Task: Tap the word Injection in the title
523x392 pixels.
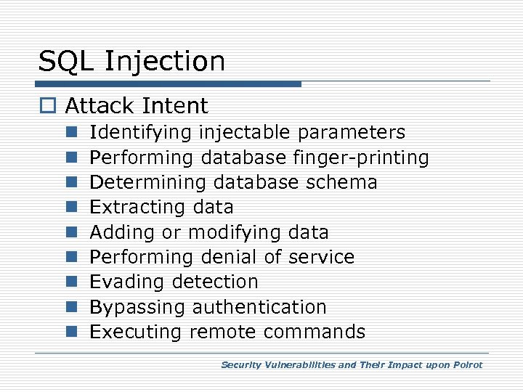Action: click(165, 62)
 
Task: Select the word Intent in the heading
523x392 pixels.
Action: click(178, 106)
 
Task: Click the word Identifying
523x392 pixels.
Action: click(140, 133)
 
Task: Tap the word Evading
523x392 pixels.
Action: click(123, 282)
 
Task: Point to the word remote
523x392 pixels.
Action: click(223, 332)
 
